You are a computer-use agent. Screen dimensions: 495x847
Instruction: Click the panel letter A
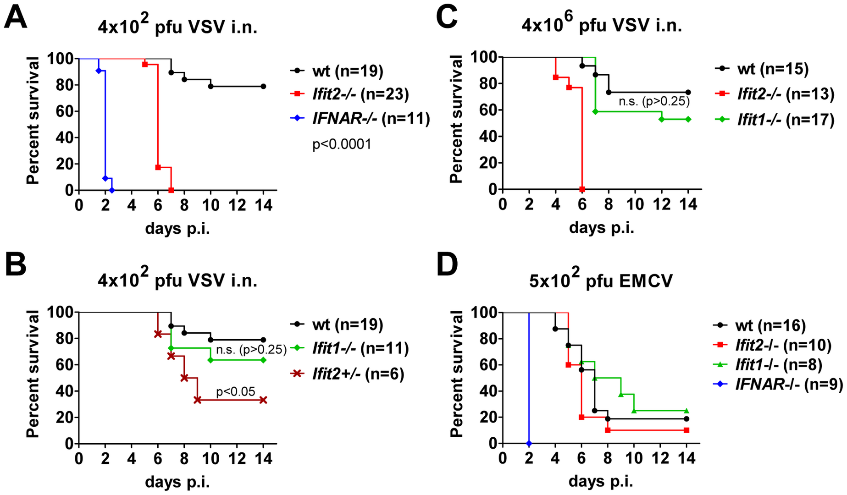tap(16, 18)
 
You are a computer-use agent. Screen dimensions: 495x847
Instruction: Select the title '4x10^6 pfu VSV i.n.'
tap(601, 24)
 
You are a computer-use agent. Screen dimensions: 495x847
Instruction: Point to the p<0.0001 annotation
tap(342, 145)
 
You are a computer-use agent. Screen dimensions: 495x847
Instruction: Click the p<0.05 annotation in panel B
tap(235, 391)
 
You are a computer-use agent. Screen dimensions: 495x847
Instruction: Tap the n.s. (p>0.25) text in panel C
tap(654, 101)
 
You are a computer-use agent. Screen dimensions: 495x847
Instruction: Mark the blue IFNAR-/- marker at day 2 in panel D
tap(529, 443)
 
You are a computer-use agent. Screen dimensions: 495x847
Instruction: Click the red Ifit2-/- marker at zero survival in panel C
tap(582, 189)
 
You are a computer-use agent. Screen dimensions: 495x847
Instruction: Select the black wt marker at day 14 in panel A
tap(263, 86)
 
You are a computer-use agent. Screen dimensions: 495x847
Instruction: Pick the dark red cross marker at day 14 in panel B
tap(263, 400)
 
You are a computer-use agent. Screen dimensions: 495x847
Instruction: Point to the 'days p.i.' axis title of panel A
tap(177, 228)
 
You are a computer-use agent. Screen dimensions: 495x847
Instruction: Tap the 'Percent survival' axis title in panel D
tap(457, 374)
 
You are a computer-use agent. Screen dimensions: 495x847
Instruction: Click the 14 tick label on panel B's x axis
tap(263, 458)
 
